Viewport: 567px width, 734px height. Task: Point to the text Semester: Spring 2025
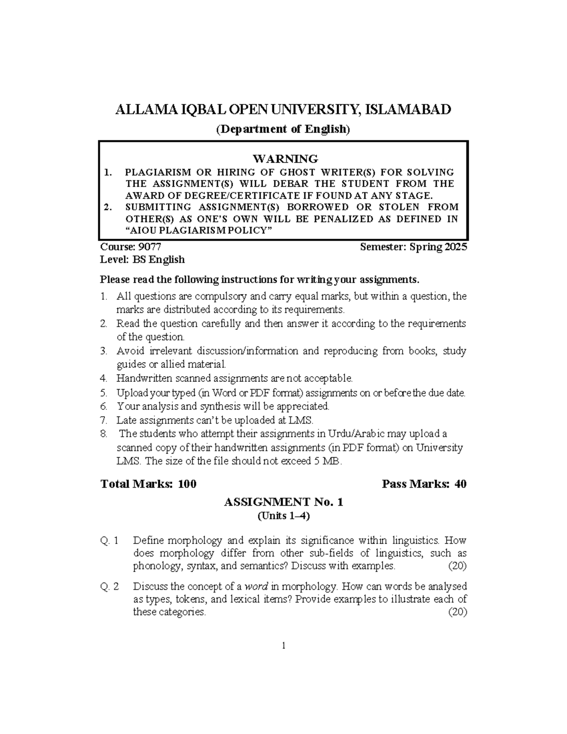pos(413,247)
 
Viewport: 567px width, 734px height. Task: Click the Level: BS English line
pos(143,259)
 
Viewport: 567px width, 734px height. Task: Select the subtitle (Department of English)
pos(283,129)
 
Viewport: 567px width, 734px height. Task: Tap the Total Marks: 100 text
pos(149,484)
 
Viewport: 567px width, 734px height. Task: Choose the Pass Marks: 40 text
pos(424,484)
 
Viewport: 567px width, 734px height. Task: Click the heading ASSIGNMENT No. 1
pos(283,502)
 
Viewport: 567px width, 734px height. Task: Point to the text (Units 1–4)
pos(283,516)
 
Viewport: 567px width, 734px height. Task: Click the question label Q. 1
pos(110,540)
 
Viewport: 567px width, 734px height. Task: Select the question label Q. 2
pos(110,587)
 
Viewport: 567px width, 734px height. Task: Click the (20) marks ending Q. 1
pos(457,566)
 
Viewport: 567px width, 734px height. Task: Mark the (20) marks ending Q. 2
pos(457,612)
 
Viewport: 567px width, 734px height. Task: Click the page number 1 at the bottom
pos(283,646)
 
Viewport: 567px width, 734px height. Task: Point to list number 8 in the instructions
pos(103,434)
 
